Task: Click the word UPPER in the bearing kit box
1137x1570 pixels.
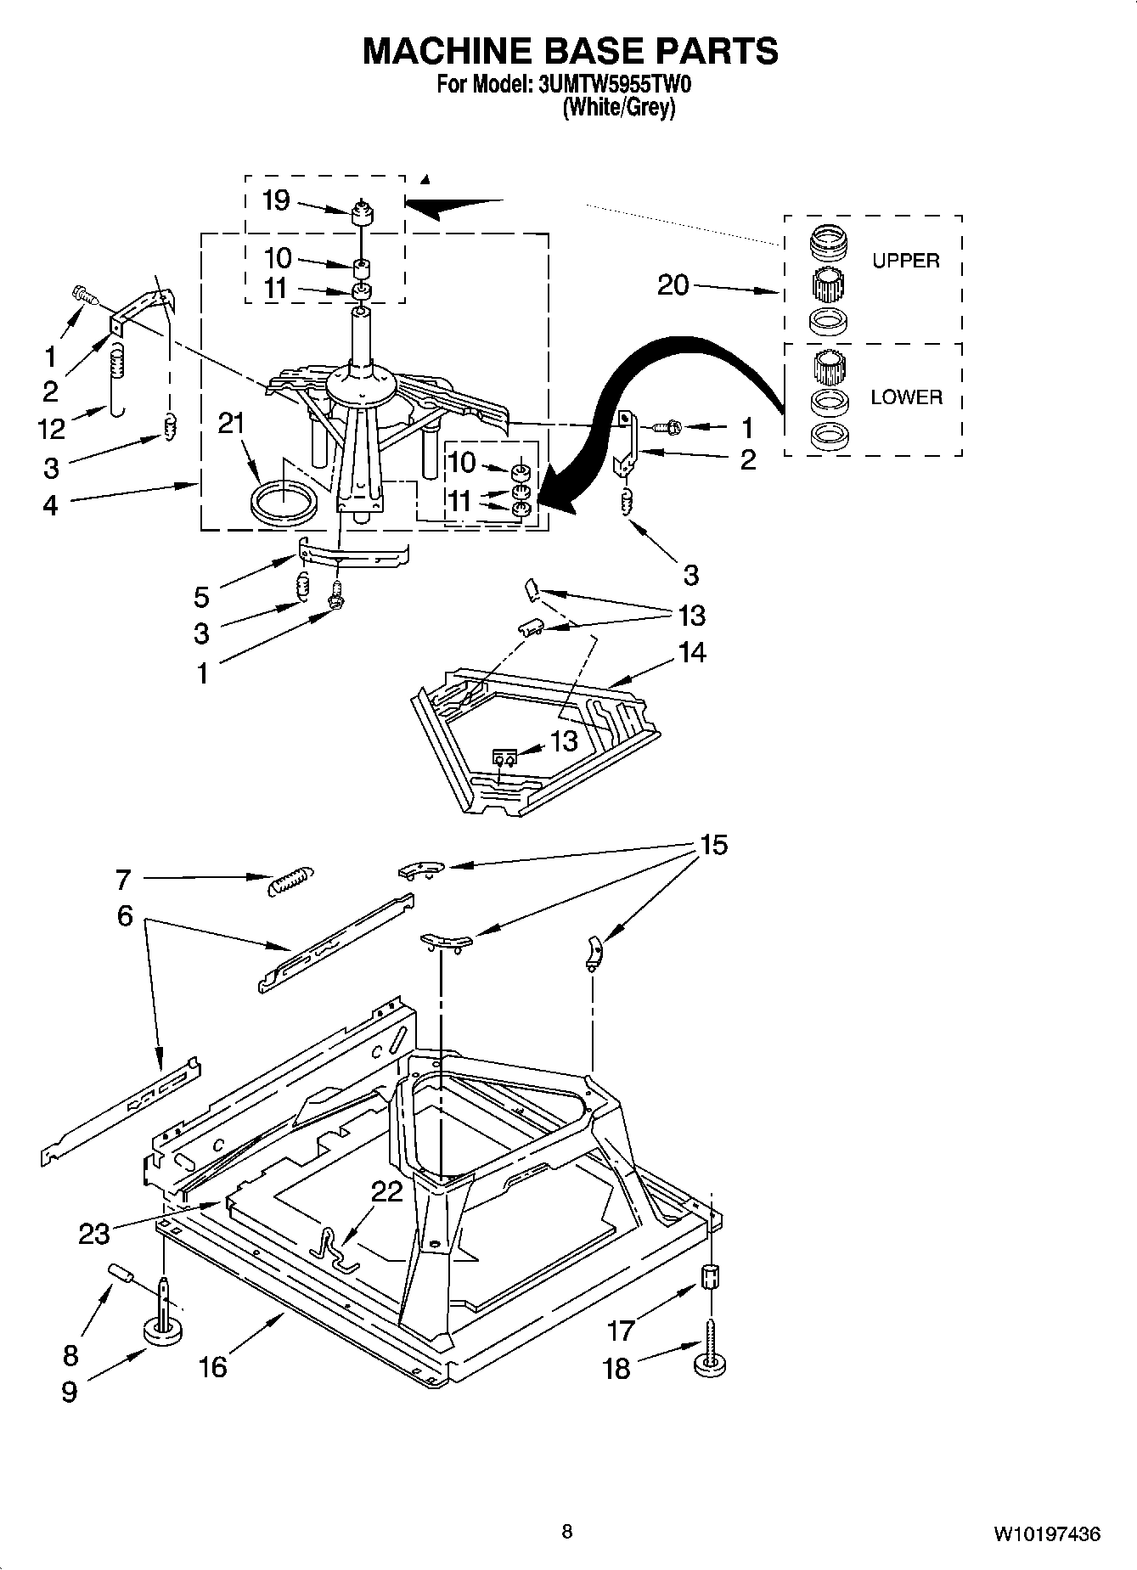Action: [x=905, y=261]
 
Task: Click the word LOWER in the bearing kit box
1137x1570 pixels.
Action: [x=906, y=397]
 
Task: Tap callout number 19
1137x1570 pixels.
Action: [x=276, y=200]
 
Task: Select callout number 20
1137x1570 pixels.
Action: [x=673, y=284]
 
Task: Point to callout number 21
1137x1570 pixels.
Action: [x=231, y=423]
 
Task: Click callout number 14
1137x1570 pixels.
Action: [x=692, y=652]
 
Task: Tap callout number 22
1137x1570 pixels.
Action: [x=386, y=1191]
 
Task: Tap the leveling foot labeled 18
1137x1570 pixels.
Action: [x=710, y=1365]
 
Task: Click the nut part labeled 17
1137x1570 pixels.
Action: [x=711, y=1276]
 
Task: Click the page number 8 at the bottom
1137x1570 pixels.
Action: [x=567, y=1532]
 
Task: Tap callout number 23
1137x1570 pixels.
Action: [x=93, y=1233]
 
